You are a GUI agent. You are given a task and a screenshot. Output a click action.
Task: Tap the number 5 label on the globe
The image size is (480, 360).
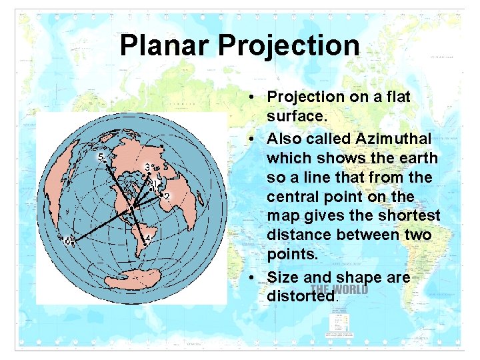[x=101, y=157]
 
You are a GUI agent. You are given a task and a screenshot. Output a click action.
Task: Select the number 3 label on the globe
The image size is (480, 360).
[x=147, y=166]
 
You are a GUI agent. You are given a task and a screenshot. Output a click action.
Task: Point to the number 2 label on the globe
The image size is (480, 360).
[x=167, y=196]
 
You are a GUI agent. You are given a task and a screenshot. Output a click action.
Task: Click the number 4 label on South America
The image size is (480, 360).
[x=147, y=239]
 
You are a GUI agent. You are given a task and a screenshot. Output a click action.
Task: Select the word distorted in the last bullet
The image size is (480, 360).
[x=302, y=295]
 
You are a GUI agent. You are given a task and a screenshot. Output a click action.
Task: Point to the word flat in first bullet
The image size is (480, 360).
[x=397, y=97]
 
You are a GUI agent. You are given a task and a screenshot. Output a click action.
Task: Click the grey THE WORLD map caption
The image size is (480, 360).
[x=339, y=290]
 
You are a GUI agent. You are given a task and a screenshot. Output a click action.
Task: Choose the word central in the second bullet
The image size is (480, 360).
[x=299, y=197]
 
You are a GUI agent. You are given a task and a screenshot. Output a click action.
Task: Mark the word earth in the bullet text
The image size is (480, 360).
[x=416, y=159]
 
